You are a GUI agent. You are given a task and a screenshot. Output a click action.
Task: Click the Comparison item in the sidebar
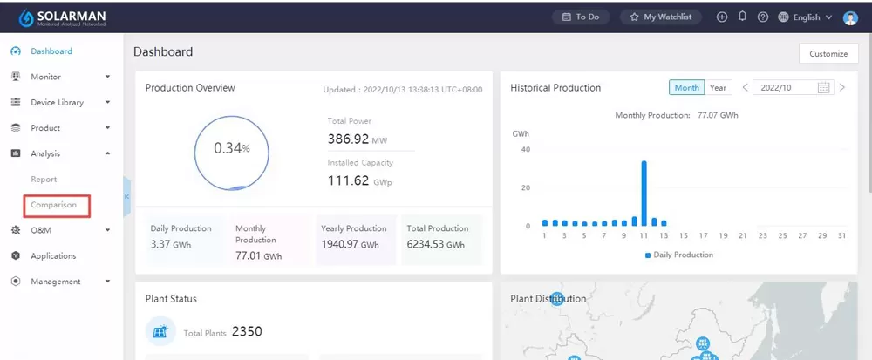(54, 205)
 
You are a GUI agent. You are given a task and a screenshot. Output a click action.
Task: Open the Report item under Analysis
(44, 180)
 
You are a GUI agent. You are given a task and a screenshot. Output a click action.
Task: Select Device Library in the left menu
(57, 103)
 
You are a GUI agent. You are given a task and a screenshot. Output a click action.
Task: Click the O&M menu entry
(42, 230)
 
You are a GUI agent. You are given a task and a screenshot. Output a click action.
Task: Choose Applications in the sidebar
(53, 256)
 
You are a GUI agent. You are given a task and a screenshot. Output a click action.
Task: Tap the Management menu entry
(55, 282)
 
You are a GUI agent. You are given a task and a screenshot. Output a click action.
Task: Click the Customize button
(828, 54)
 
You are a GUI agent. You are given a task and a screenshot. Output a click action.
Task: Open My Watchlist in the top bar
(660, 17)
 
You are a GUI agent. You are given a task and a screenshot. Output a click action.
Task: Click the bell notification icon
(742, 17)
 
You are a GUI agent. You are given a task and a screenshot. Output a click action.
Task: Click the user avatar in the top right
(850, 17)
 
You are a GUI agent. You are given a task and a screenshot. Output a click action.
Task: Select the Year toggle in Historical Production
(718, 88)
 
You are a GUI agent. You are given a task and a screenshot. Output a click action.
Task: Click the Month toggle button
(686, 88)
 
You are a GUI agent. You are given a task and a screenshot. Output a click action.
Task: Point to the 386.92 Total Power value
(348, 139)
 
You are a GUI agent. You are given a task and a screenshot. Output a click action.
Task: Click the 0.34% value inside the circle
(231, 149)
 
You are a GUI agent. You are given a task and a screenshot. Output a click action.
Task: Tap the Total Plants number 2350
(247, 331)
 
